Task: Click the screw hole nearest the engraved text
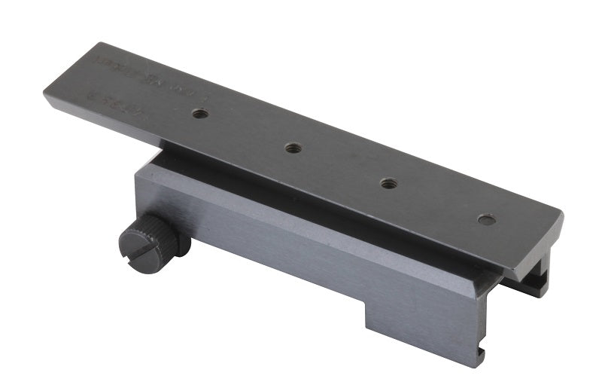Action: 199,115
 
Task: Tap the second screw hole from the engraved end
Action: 294,148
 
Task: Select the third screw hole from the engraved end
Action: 388,183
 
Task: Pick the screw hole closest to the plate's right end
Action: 487,220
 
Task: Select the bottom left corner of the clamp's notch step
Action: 366,329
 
